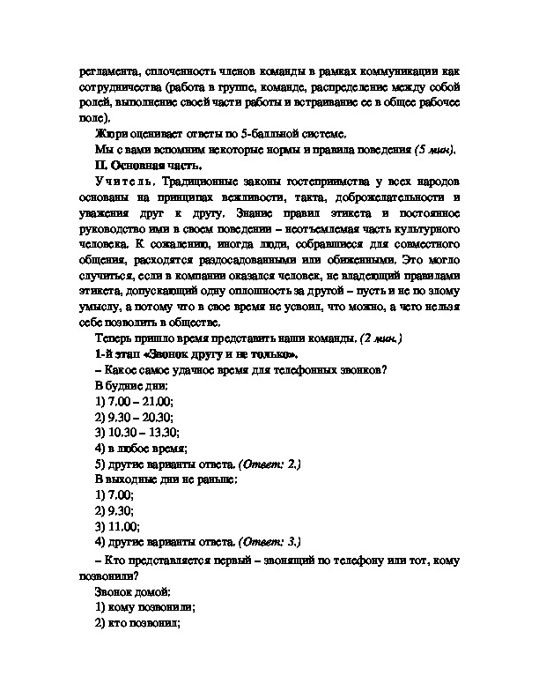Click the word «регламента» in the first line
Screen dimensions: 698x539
pos(106,71)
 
